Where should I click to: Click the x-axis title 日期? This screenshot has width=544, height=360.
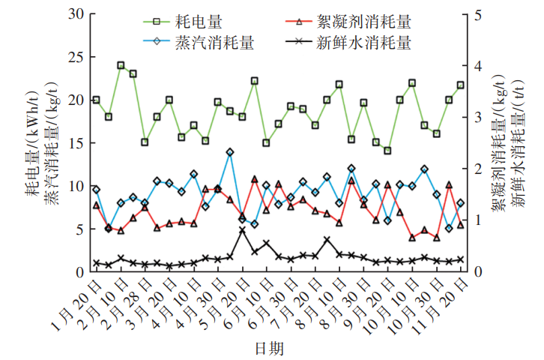coord(269,348)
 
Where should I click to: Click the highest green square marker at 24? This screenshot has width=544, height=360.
coord(121,65)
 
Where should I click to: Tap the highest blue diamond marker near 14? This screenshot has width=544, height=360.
coord(230,152)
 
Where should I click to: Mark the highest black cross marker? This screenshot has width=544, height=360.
coord(242,230)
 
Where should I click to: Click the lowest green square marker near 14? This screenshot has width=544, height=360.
coord(387,151)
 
